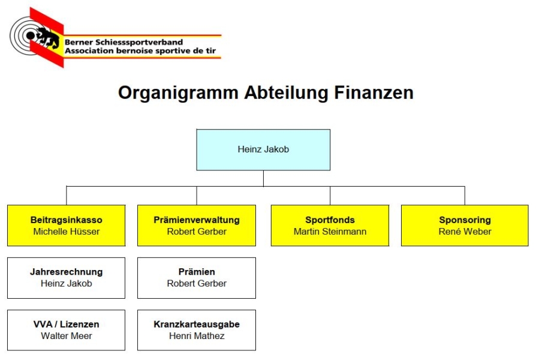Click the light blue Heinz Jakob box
point(263,150)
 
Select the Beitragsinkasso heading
point(67,220)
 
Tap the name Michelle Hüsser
point(67,232)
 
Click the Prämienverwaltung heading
point(197,220)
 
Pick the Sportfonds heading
point(330,220)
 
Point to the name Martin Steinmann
point(330,232)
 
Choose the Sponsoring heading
point(465,220)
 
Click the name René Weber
point(465,232)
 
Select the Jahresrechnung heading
point(67,272)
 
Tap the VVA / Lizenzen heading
point(67,324)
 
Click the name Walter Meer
point(67,336)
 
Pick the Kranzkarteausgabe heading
point(197,324)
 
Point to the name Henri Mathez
point(197,336)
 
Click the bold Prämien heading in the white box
point(197,272)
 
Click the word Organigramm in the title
point(178,93)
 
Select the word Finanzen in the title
point(374,92)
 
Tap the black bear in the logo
point(47,37)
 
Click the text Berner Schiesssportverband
point(124,43)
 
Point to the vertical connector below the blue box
point(263,178)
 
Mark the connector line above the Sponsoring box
point(465,196)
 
